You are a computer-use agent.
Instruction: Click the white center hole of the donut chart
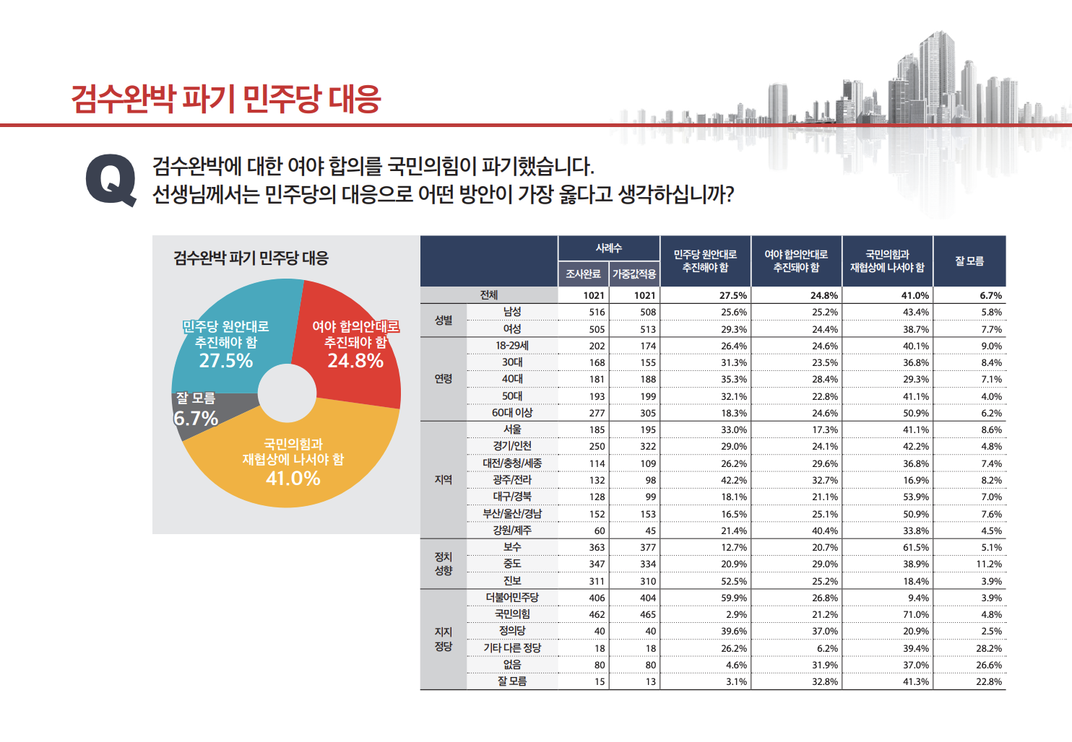click(287, 393)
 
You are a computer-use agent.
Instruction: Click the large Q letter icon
click(111, 180)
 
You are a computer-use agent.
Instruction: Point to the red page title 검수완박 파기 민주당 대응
click(226, 99)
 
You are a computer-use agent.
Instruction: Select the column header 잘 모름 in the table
click(969, 261)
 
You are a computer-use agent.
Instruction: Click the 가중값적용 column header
click(634, 274)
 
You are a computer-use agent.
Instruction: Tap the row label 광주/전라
click(512, 480)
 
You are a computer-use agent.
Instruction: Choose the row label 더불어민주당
click(512, 598)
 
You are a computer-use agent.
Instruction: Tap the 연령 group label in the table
click(444, 379)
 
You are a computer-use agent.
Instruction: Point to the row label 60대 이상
click(512, 413)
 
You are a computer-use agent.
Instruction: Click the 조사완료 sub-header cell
click(583, 274)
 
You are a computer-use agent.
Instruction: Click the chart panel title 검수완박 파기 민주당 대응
click(251, 258)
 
